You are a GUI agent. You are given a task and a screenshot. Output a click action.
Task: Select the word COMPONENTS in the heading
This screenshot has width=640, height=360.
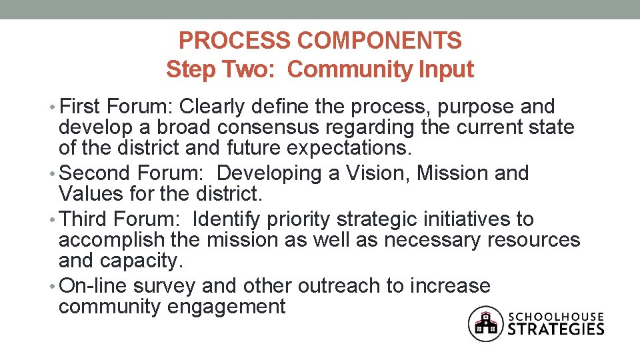[379, 41]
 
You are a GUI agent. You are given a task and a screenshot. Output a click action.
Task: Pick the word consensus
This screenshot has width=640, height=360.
[247, 127]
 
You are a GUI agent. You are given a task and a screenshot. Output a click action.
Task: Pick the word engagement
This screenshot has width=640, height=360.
[227, 307]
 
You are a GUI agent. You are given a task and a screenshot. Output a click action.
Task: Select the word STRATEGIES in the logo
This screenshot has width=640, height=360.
[557, 329]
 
